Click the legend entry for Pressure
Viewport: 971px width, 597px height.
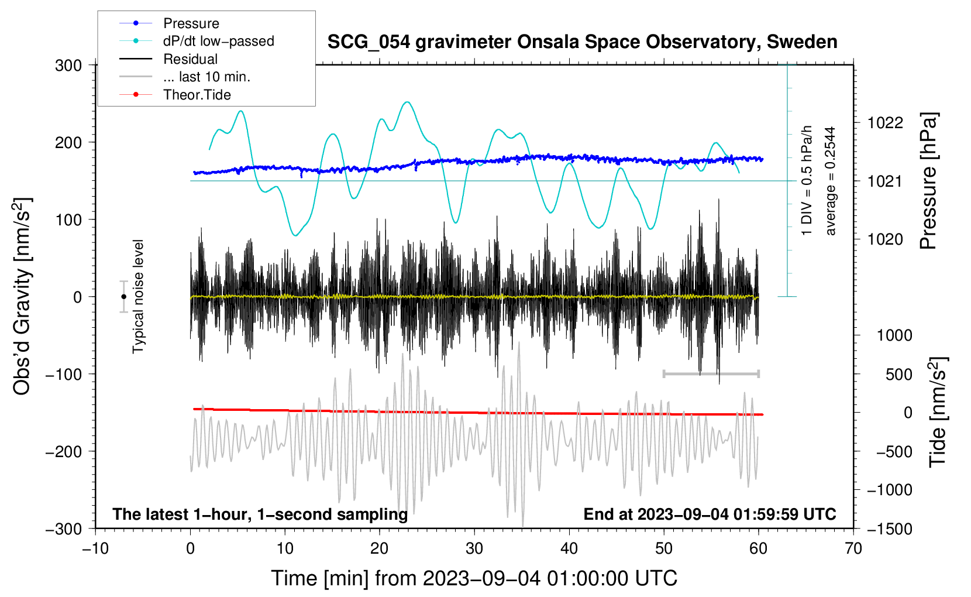(191, 23)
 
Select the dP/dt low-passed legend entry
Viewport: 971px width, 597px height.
(218, 41)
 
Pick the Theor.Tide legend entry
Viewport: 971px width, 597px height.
(197, 95)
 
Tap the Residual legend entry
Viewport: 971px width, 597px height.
(190, 59)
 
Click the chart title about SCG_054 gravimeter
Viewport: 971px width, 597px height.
(582, 42)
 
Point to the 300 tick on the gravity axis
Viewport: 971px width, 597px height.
(68, 66)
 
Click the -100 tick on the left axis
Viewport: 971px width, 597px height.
(64, 374)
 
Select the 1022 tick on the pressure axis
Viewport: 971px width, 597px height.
(885, 123)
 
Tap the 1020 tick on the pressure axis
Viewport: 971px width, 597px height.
(885, 239)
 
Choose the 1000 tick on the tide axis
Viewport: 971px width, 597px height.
(894, 335)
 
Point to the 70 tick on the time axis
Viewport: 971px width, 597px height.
(853, 548)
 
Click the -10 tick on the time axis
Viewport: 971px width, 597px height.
(95, 548)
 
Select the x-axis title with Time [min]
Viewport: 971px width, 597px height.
(474, 578)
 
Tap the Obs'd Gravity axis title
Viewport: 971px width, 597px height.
(22, 297)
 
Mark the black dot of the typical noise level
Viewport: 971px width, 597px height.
(124, 297)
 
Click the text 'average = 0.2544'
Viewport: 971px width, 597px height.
(831, 181)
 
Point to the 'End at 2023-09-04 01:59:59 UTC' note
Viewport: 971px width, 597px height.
(710, 514)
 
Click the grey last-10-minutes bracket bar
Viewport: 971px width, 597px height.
(711, 373)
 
